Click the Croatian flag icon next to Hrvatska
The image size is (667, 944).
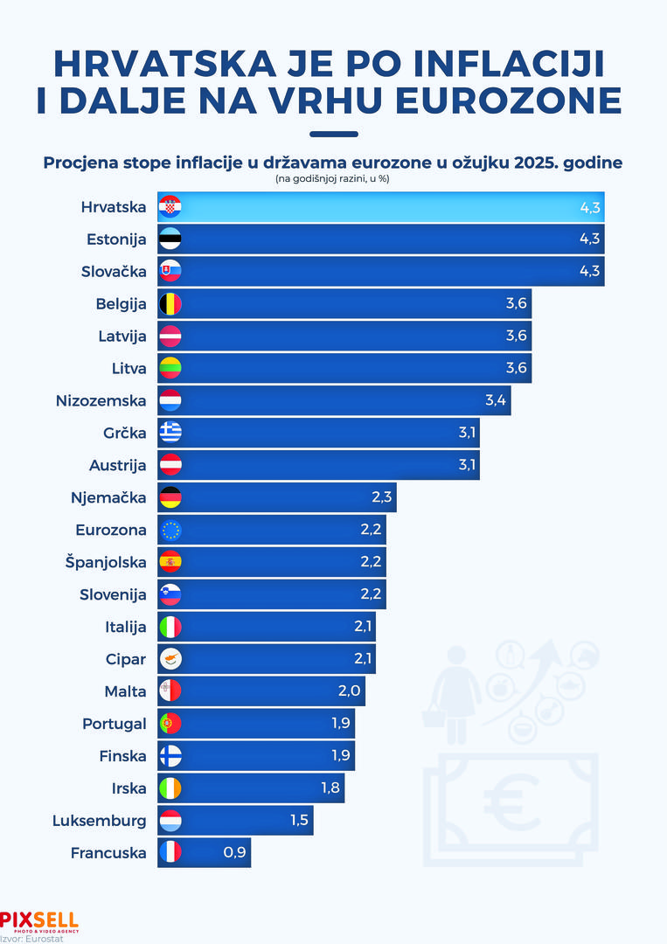170,207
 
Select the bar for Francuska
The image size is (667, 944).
205,852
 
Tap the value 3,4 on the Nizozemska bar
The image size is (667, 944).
496,400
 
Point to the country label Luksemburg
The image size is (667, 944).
100,821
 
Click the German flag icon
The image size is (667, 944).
170,497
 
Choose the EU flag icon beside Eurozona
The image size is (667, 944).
170,530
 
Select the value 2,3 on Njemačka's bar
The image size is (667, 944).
382,497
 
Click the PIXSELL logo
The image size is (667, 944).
39,920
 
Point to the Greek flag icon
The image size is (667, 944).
170,433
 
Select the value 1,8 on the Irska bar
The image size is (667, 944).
330,788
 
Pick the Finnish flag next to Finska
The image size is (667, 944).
170,756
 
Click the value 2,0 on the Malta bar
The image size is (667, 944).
351,691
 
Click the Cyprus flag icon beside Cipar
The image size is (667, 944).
170,659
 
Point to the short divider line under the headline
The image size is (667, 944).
334,135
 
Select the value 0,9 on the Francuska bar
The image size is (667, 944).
234,852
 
